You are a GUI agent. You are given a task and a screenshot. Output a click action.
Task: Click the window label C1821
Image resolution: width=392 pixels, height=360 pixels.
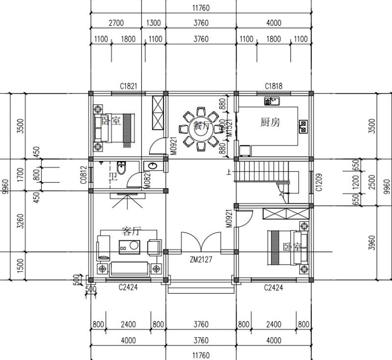(x=127, y=86)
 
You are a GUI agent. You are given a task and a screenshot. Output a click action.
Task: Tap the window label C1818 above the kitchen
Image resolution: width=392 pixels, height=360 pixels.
(x=273, y=86)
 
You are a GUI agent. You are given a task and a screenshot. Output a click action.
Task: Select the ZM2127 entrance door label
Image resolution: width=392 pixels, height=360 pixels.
(x=200, y=260)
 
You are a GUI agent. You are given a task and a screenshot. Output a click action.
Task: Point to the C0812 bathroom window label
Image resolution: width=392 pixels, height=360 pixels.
(x=84, y=175)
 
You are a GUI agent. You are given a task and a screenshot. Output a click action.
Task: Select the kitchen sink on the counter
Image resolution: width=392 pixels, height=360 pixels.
(x=271, y=102)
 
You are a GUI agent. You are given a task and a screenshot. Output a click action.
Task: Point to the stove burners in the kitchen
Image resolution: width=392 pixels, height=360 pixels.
(x=303, y=126)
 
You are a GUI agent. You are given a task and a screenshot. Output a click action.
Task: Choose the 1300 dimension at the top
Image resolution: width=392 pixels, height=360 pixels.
(x=153, y=23)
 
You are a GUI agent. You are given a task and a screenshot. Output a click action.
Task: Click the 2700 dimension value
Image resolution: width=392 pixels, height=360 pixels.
(x=116, y=23)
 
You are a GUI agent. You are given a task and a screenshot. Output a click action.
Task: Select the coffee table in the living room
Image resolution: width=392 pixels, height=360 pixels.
(x=130, y=245)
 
